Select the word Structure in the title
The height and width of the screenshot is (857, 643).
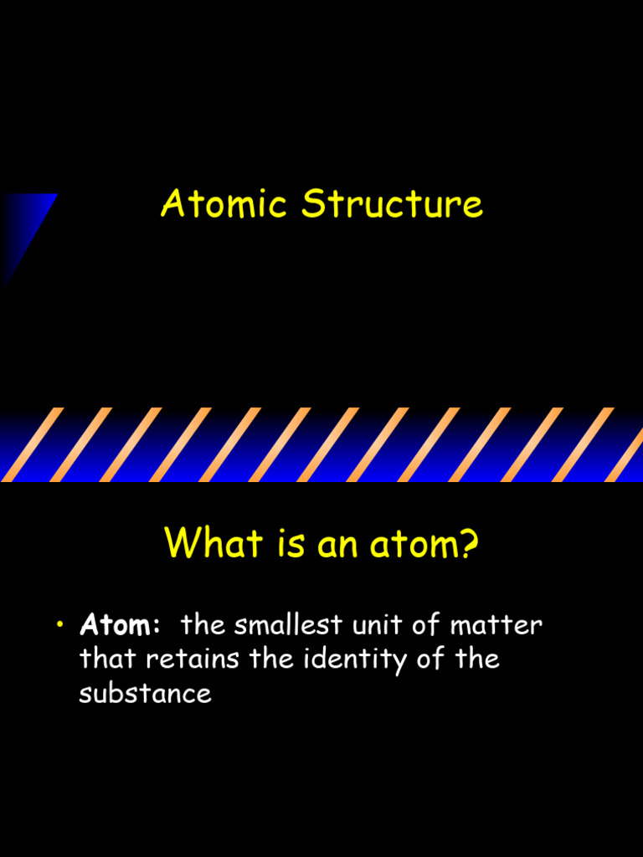click(393, 204)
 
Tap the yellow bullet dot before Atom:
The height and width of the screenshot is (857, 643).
click(61, 626)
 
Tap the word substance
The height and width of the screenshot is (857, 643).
click(145, 693)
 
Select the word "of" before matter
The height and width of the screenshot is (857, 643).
click(426, 624)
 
